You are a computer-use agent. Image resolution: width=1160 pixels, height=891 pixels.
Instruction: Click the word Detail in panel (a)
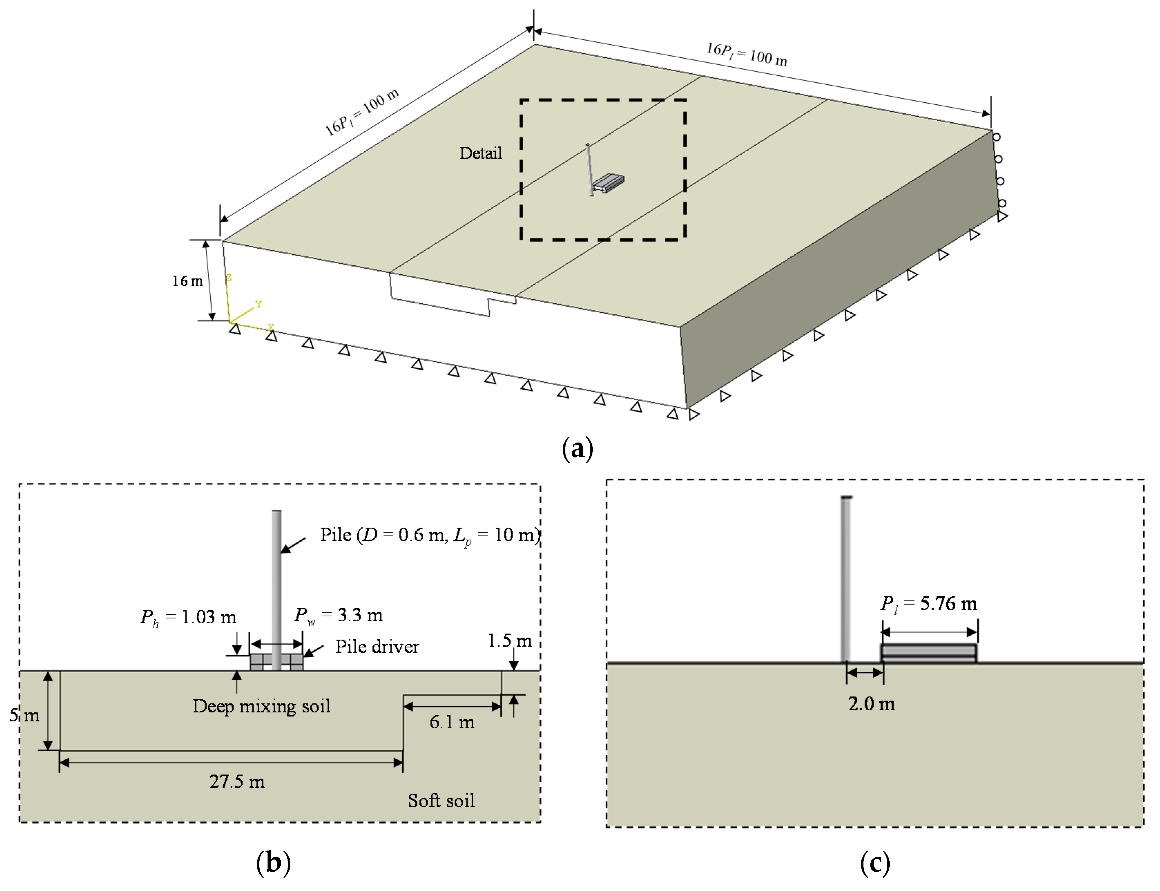pos(480,153)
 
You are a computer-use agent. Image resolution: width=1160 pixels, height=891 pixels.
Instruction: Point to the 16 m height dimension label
pos(187,281)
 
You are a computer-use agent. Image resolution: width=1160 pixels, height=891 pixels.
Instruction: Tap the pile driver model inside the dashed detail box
pos(608,182)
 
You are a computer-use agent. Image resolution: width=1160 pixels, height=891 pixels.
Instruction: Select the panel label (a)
pos(577,449)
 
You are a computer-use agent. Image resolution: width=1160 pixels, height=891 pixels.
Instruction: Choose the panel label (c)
pos(874,863)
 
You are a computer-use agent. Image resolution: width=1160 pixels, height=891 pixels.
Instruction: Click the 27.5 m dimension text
pos(237,781)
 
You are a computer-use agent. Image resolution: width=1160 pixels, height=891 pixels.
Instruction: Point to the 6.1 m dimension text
pos(452,722)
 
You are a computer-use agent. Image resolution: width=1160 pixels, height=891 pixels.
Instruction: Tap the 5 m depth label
pos(25,715)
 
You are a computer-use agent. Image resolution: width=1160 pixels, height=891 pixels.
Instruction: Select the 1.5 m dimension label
pos(509,641)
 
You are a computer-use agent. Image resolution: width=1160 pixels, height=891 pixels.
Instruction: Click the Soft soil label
pos(441,800)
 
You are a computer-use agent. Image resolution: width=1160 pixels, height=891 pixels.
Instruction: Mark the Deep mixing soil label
pos(261,706)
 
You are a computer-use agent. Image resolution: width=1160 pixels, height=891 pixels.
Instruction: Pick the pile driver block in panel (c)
pos(928,653)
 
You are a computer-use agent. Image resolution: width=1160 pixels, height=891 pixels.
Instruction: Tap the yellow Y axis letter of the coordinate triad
pos(259,304)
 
